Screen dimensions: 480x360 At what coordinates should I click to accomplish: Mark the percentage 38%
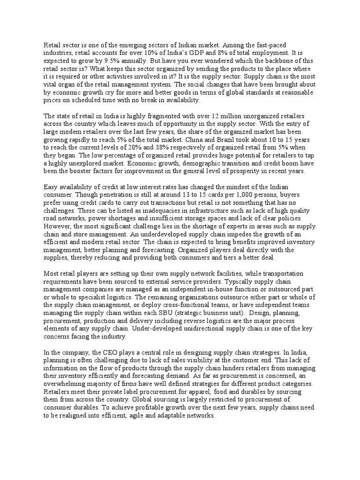(x=165, y=147)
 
